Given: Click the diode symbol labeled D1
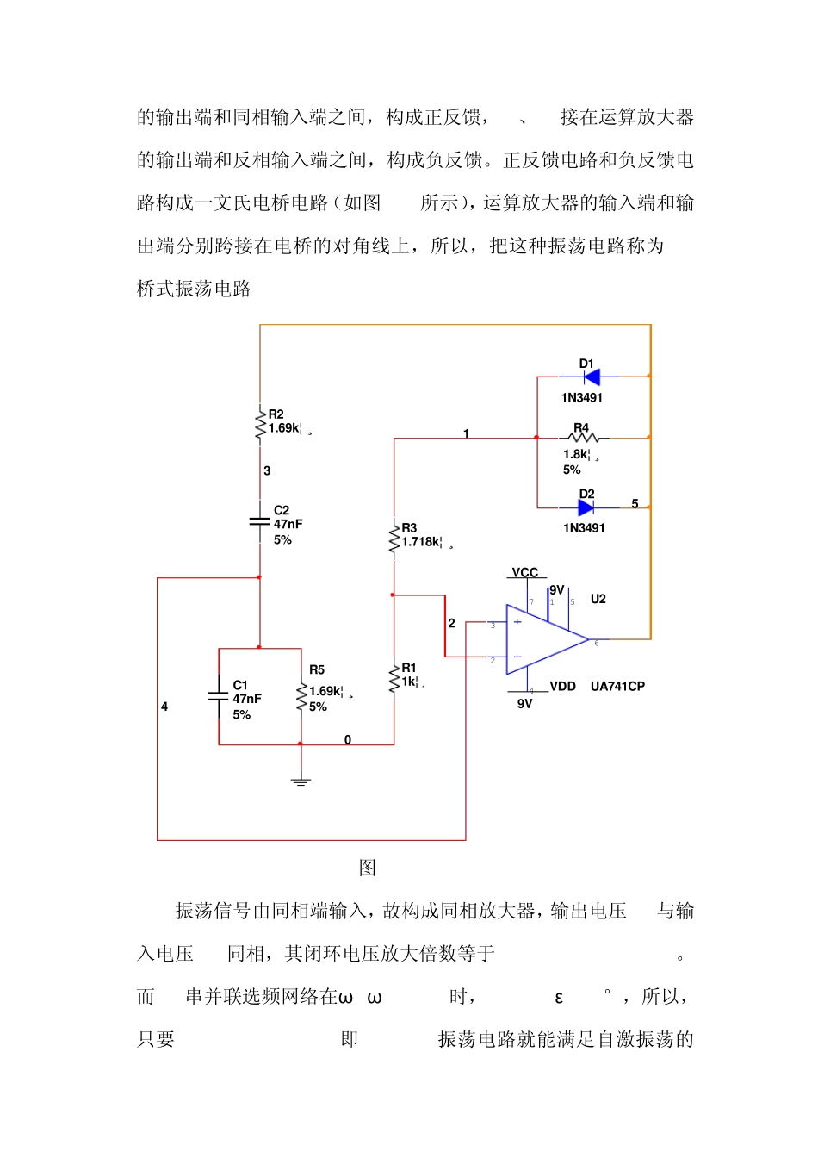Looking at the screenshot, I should pos(591,377).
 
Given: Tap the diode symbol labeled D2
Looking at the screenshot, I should pos(586,507).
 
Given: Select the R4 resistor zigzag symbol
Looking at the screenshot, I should pos(584,438).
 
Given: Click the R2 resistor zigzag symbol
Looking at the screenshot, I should pos(260,424).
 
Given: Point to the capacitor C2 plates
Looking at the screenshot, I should pos(259,522).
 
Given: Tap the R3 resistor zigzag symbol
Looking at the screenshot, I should pos(394,540).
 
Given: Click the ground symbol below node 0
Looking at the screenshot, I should pos(301,781).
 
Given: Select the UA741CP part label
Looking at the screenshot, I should pos(617,687).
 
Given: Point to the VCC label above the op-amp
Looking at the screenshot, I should pos(525,573).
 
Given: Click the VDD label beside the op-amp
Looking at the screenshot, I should pos(562,687).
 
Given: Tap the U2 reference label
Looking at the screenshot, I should pos(598,599).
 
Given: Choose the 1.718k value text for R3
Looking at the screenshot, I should pos(422,542).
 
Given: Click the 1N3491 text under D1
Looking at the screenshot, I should pos(582,398).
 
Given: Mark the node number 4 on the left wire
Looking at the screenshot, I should pos(164,707).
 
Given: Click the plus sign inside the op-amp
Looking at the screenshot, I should pos(517,622).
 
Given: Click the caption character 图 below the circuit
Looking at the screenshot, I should pos(368,868).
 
